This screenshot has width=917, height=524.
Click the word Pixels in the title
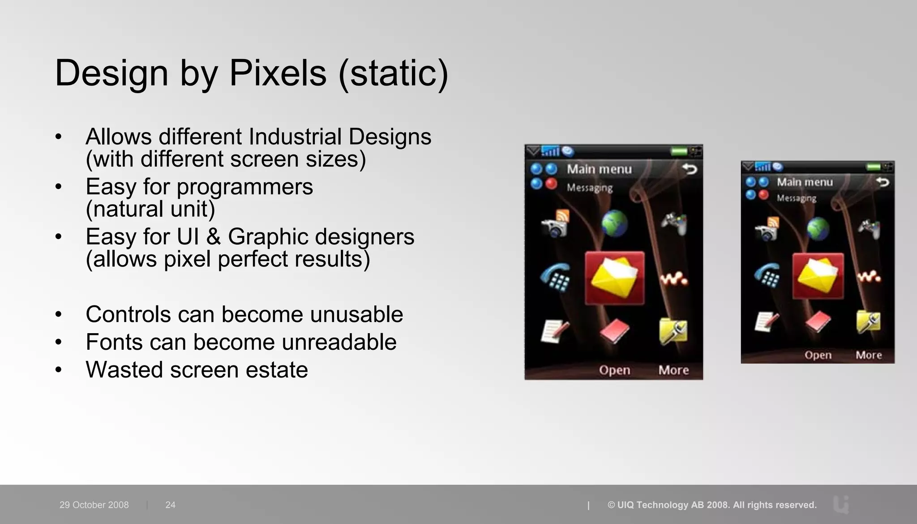tap(278, 73)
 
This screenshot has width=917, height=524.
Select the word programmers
tap(244, 187)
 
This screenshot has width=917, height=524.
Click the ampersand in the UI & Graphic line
tap(213, 237)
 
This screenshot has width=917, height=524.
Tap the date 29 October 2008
tap(94, 505)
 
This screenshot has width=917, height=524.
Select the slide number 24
tap(170, 505)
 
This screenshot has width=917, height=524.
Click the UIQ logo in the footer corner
tap(841, 505)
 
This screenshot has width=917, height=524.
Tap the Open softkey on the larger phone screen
tap(614, 370)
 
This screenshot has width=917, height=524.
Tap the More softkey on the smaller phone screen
tap(869, 355)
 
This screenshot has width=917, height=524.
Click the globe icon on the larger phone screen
tap(614, 223)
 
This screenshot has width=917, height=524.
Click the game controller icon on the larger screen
tap(674, 223)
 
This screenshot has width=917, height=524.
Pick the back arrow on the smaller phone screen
tap(882, 182)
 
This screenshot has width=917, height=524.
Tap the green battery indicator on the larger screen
tap(679, 151)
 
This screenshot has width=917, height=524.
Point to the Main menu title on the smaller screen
tap(805, 182)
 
